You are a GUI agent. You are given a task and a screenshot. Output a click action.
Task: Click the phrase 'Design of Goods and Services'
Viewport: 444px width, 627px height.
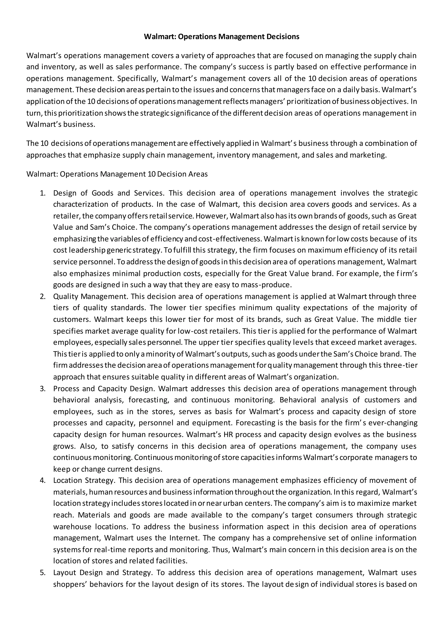[108, 193]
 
